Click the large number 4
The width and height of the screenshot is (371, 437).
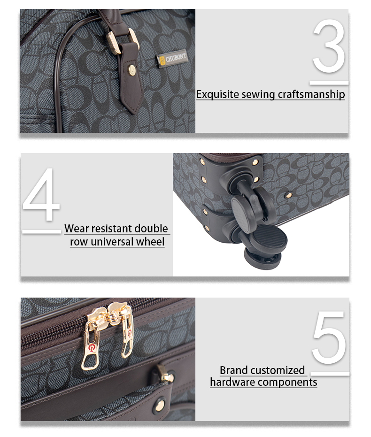41,194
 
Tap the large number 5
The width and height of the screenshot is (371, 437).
329,337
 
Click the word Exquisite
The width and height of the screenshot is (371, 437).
217,94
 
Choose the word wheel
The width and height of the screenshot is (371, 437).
153,241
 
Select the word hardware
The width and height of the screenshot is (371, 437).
232,382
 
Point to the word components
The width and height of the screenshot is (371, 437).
287,383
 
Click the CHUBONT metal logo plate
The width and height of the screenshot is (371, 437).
172,59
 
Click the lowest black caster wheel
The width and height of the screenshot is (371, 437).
263,259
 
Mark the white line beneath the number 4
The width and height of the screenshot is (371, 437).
41,231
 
